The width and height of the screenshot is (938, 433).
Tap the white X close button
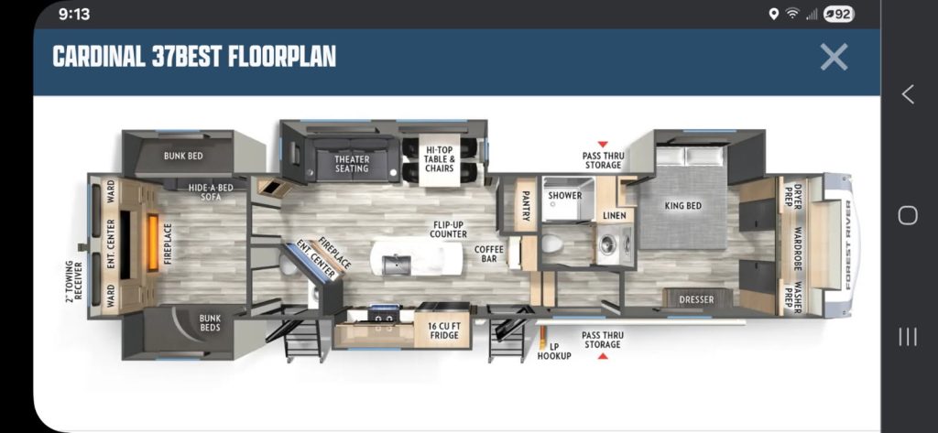pos(834,57)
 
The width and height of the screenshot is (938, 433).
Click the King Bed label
pos(682,206)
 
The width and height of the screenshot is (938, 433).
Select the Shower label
pos(564,196)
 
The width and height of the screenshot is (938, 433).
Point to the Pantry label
pos(526,205)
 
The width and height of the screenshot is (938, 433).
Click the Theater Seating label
pos(352,164)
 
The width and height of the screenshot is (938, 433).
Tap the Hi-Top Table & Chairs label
pos(440,159)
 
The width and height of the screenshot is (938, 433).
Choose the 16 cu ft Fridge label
pos(443,330)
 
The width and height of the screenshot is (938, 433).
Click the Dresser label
pos(696,299)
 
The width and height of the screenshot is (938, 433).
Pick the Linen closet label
pos(615,215)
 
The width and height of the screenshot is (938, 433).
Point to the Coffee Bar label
pos(489,254)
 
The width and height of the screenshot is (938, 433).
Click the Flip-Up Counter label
pos(448,230)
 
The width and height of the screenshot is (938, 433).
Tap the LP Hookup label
pos(553,351)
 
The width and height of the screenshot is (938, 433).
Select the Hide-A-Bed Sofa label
pos(210,192)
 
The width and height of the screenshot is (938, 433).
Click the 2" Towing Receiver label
pos(73,280)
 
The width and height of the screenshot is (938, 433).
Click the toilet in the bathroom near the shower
pos(551,244)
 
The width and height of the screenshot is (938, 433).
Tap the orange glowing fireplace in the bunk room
pos(153,243)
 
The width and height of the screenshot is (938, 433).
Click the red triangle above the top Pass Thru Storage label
pos(603,144)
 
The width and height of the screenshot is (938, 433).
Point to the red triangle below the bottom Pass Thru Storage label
pos(603,356)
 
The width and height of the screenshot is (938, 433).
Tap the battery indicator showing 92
pos(839,15)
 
